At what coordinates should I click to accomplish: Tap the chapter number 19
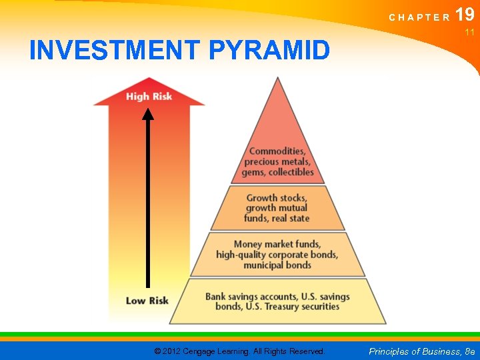465,15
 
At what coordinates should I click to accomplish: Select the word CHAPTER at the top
419,18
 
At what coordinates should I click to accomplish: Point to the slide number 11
469,32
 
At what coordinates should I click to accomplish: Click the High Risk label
149,97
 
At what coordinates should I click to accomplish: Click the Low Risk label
147,301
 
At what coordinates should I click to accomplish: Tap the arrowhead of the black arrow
148,114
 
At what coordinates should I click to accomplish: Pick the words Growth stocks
277,198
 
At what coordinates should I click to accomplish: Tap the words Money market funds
277,244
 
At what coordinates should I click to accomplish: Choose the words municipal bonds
277,265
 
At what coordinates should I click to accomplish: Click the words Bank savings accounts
251,297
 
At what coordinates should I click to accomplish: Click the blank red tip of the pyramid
278,113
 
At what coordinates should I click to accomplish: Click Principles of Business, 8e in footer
421,351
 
